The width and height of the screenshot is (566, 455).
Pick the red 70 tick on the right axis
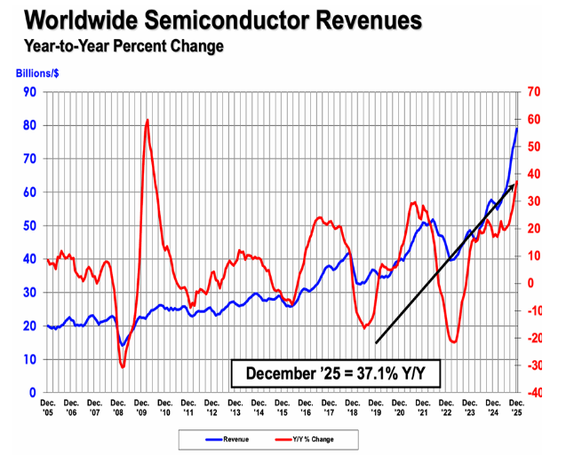click(533, 91)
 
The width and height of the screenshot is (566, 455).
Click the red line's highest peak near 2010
click(147, 120)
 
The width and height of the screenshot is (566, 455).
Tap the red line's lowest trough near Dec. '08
click(123, 367)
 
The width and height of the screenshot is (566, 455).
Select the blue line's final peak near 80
click(517, 129)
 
